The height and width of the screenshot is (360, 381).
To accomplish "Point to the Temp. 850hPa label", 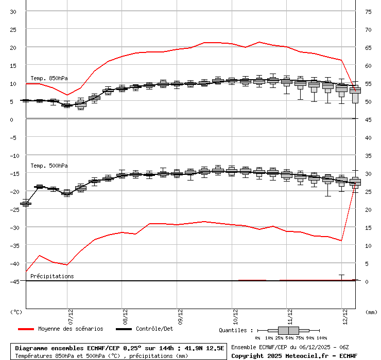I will point(49,78).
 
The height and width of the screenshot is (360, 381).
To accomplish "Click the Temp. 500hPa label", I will point(49,166).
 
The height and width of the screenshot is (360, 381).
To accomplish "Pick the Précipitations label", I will point(52,276).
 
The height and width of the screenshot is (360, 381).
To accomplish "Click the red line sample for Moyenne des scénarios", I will point(26,329).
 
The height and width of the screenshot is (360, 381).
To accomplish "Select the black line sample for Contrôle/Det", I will point(124,329).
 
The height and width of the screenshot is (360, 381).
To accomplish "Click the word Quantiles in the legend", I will point(233,330).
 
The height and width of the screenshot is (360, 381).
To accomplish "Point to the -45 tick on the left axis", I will point(14,281).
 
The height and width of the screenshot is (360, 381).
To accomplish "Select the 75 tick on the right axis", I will point(368,12).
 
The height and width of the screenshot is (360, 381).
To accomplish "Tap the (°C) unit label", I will point(16,312).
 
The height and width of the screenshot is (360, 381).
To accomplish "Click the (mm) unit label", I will point(371,312).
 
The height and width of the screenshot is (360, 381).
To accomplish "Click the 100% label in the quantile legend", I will point(321,338).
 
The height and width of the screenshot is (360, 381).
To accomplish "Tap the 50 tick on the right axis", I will point(368,101).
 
